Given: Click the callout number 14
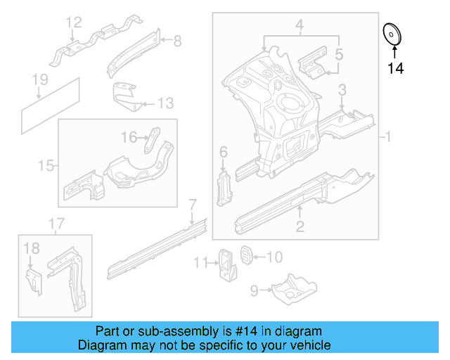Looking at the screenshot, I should (395, 69).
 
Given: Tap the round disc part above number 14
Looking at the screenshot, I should (391, 33).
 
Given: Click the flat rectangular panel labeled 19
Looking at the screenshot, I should (49, 103).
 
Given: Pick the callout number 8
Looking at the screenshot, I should (177, 41).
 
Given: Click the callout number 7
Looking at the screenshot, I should (192, 205).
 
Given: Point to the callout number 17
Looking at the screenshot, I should (56, 224).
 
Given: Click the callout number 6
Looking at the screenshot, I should (224, 153).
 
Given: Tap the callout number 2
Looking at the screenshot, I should (300, 226).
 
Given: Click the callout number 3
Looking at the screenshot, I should (342, 89).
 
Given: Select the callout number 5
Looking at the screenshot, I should (339, 53).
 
